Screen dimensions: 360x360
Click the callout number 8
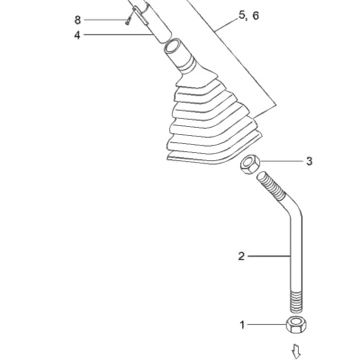[x=77, y=20]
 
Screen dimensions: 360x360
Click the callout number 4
[x=77, y=35]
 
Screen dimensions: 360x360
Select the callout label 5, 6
[x=248, y=16]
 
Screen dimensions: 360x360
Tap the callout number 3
[x=309, y=161]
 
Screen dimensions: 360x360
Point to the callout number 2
[x=241, y=256]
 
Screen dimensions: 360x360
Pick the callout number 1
[x=242, y=325]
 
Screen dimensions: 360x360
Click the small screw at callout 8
[x=130, y=17]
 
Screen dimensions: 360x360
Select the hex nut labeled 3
[x=249, y=164]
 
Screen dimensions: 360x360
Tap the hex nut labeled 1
[x=296, y=324]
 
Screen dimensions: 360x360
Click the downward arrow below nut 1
[x=296, y=351]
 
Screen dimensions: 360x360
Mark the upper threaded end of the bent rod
[x=271, y=185]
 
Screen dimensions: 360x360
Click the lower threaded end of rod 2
[x=296, y=301]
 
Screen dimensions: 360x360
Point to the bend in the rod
[x=292, y=210]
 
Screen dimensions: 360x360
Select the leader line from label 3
[x=282, y=161]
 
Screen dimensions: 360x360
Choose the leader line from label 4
[x=118, y=35]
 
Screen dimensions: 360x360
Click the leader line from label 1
[x=267, y=325]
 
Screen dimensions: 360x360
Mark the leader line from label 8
[x=105, y=20]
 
